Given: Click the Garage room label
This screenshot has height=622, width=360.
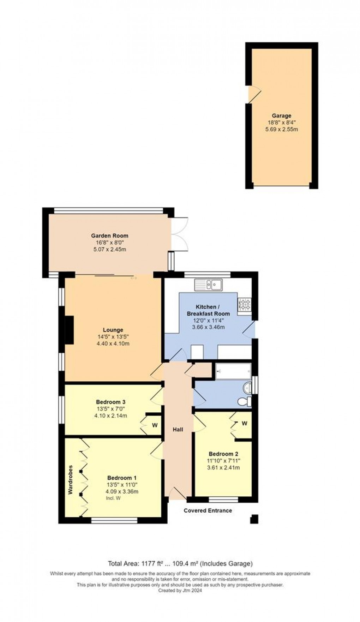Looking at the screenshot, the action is tap(281, 115).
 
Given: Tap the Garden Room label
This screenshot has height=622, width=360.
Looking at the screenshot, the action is tap(110, 235).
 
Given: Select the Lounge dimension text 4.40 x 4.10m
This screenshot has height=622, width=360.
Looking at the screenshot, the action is tap(113, 343).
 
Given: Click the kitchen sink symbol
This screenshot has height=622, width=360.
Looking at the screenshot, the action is tap(208, 285).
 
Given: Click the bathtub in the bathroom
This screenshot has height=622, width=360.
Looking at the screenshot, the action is tap(233, 371).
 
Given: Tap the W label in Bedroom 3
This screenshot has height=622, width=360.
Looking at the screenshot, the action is tap(155, 425).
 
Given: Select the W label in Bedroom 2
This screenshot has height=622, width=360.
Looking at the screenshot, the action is tap(245, 423).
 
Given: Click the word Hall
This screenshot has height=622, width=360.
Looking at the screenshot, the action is tap(178, 429).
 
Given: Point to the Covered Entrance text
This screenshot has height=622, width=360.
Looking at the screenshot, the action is tap(208, 510).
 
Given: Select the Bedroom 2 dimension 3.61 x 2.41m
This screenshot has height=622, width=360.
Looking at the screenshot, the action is tap(223, 468).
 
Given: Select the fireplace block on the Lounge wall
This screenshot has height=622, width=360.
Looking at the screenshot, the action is tap(69, 330).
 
